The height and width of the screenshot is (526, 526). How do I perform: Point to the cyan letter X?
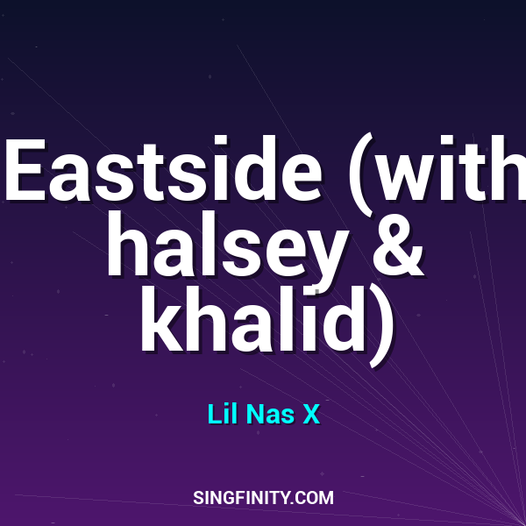(x=310, y=414)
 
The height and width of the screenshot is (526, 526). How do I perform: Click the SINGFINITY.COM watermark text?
(x=263, y=498)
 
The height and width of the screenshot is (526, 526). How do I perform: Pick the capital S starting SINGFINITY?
(x=198, y=498)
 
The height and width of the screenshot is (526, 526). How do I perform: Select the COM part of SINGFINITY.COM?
(x=316, y=498)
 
